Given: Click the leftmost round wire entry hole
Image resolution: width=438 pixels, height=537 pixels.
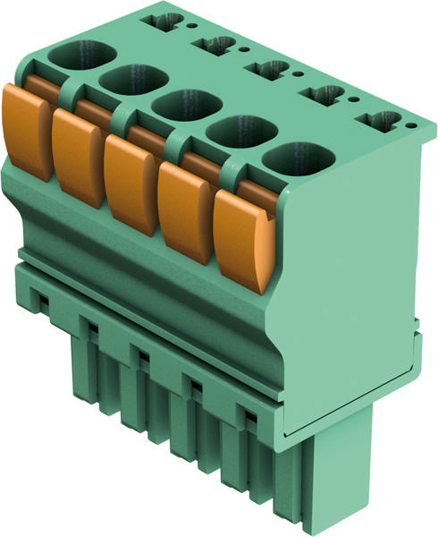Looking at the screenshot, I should [75, 55].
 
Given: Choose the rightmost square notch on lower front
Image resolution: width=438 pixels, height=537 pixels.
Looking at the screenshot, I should [247, 414].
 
